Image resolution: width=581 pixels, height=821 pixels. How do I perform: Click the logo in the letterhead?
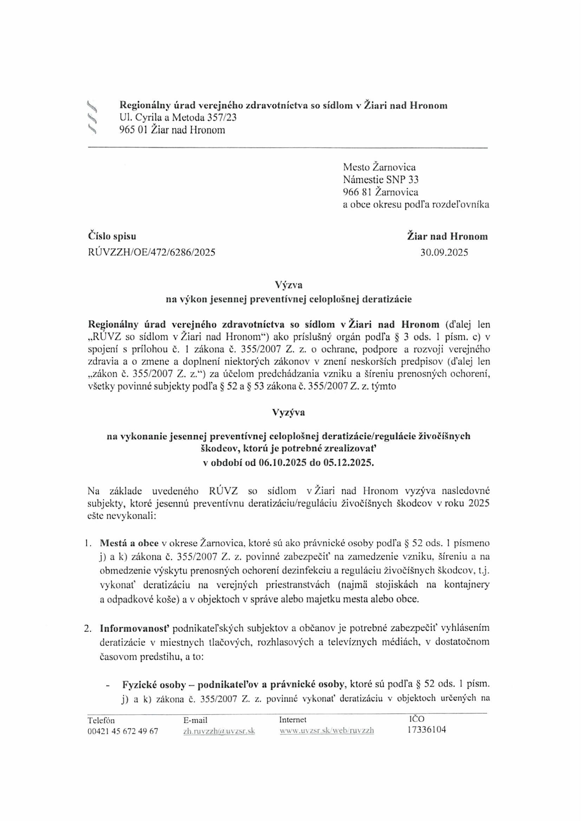(92, 117)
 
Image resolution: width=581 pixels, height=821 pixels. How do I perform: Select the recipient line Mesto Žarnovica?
(379, 167)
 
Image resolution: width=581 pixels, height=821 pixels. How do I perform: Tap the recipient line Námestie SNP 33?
(381, 179)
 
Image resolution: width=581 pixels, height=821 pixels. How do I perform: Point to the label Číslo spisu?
(112, 236)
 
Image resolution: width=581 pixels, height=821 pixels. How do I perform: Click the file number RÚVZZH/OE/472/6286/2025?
(152, 253)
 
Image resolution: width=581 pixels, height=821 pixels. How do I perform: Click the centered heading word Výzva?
(288, 285)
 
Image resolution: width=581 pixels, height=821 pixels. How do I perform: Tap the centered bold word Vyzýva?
(288, 412)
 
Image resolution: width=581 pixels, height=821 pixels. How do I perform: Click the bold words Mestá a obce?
(129, 543)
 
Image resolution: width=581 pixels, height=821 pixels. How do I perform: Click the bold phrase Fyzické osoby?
(154, 685)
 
